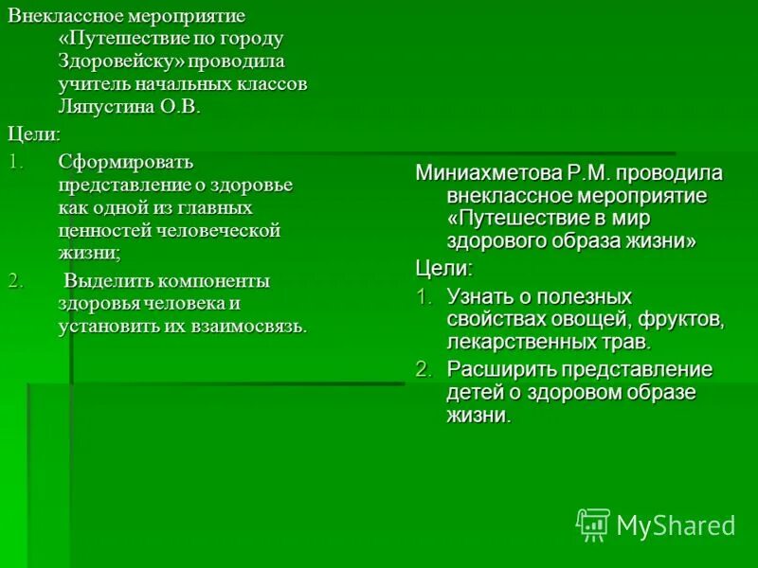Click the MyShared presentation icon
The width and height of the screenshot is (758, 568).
click(x=592, y=524)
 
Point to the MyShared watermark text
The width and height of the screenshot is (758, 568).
click(x=676, y=525)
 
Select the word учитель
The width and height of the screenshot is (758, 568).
click(x=90, y=84)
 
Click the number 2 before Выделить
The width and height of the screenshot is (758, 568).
click(x=13, y=281)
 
